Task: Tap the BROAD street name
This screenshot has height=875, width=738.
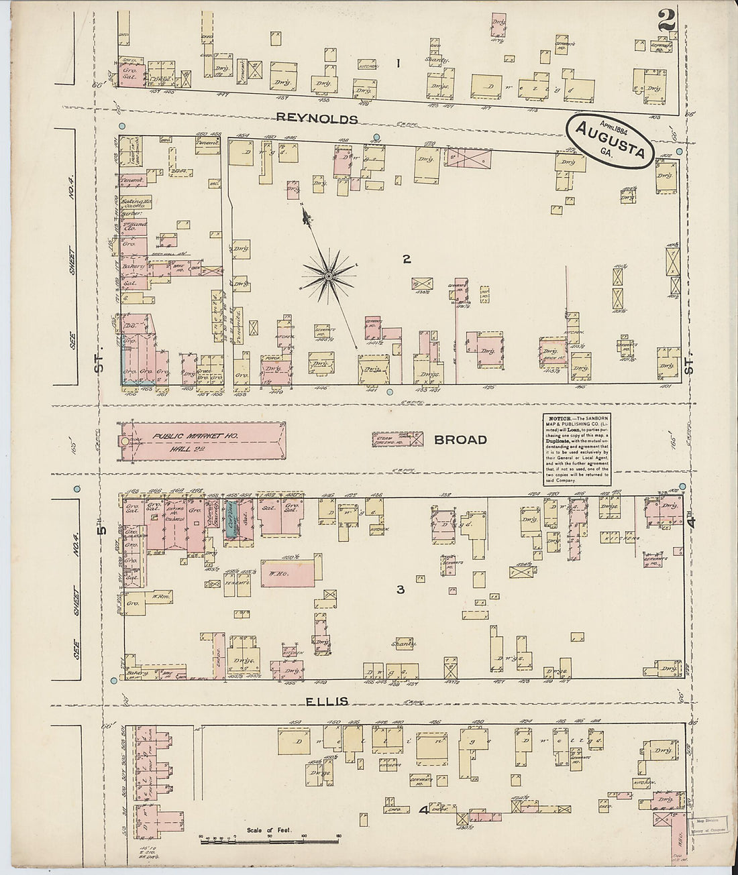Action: coord(460,440)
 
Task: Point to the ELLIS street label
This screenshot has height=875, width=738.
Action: coord(327,701)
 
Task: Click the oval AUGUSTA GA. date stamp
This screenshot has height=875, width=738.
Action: coord(609,141)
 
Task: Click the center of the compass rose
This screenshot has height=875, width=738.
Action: coord(329,276)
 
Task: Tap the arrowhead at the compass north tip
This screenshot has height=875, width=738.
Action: coord(306,216)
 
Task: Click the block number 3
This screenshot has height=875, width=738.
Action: coord(400,590)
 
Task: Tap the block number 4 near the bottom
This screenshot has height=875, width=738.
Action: coord(423,811)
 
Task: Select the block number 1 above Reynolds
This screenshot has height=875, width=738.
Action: coord(397,64)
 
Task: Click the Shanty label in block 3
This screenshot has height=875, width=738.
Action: coord(404,643)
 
